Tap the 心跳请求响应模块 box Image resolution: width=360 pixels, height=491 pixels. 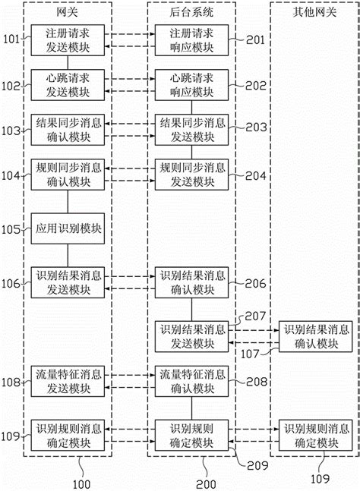click(191, 83)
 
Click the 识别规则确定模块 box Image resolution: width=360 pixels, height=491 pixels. click(191, 434)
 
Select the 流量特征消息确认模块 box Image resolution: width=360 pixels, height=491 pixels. click(191, 380)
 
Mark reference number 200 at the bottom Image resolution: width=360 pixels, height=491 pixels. click(205, 483)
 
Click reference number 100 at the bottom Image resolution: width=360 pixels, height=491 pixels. click(80, 483)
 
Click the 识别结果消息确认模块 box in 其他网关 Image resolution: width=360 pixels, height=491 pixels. click(316, 335)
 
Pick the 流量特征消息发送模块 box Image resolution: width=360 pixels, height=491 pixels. click(68, 380)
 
